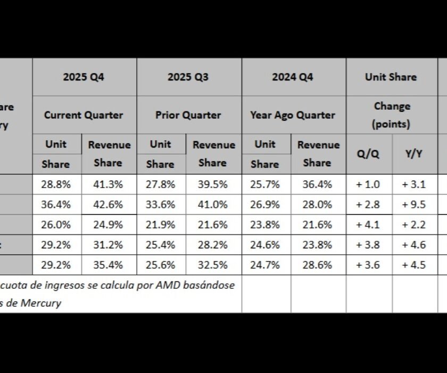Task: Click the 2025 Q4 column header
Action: coord(84,77)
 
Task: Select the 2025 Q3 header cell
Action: coord(188,77)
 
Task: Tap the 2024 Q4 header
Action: coord(293,77)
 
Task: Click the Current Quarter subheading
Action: coord(84,115)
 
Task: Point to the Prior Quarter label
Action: coord(188,115)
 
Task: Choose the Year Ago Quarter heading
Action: coord(293,115)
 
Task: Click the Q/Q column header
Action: coord(368,154)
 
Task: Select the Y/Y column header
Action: coord(414,154)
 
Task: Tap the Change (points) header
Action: coord(391,115)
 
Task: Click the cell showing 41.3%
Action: coord(108,184)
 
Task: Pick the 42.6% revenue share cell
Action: coord(108,204)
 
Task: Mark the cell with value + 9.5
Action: coord(414,204)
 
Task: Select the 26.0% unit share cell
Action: coord(56,224)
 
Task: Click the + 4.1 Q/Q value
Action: coord(368,224)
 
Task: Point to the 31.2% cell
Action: coord(108,245)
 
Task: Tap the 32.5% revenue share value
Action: coord(212,265)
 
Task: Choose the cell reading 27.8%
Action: coord(160,184)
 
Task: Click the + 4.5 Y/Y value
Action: coord(414,265)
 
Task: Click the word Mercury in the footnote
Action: coord(42,303)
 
